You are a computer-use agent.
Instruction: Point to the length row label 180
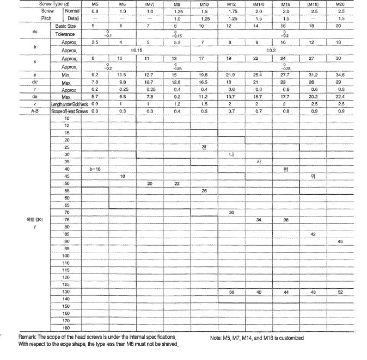click(66, 327)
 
